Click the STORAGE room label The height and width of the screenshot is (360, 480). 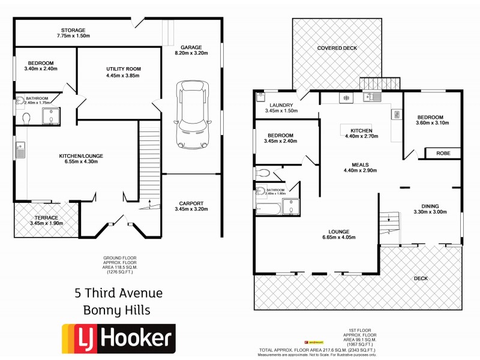click(73, 30)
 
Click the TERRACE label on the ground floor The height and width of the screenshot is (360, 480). click(46, 218)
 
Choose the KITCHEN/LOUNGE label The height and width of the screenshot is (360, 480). click(81, 156)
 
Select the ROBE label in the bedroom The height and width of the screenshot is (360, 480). click(443, 153)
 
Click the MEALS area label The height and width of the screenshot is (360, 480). click(360, 164)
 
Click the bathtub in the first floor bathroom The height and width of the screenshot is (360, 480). click(268, 208)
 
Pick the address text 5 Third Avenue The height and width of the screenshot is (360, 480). click(118, 293)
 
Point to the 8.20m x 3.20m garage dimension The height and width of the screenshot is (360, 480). click(191, 53)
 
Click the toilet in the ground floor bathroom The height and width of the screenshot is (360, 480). click(26, 119)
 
